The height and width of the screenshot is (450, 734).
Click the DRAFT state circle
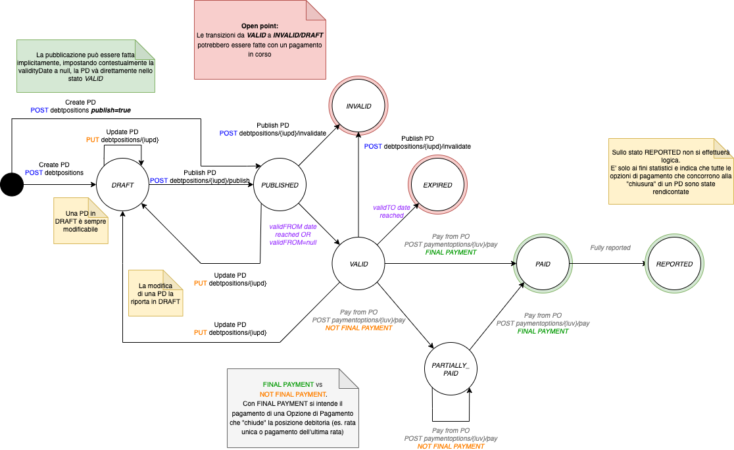click(x=122, y=186)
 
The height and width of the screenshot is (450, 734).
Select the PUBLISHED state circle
click(x=280, y=186)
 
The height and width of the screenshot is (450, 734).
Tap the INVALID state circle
click(x=358, y=106)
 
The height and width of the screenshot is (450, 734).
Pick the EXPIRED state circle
click(x=437, y=185)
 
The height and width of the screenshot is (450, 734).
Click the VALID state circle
click(x=358, y=264)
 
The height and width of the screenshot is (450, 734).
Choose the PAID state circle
click(x=543, y=264)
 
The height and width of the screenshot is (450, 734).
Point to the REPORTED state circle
click(x=674, y=264)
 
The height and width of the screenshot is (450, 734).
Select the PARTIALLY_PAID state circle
click(x=451, y=369)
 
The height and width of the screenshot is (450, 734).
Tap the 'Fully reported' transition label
click(x=610, y=248)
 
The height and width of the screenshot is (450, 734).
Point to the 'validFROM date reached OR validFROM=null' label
click(x=293, y=234)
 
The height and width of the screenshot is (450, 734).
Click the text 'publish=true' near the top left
click(x=112, y=111)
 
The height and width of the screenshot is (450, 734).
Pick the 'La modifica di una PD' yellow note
click(x=155, y=292)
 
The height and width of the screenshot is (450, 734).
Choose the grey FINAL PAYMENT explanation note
click(x=293, y=407)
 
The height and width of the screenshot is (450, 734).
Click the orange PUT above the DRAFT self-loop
click(x=93, y=139)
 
